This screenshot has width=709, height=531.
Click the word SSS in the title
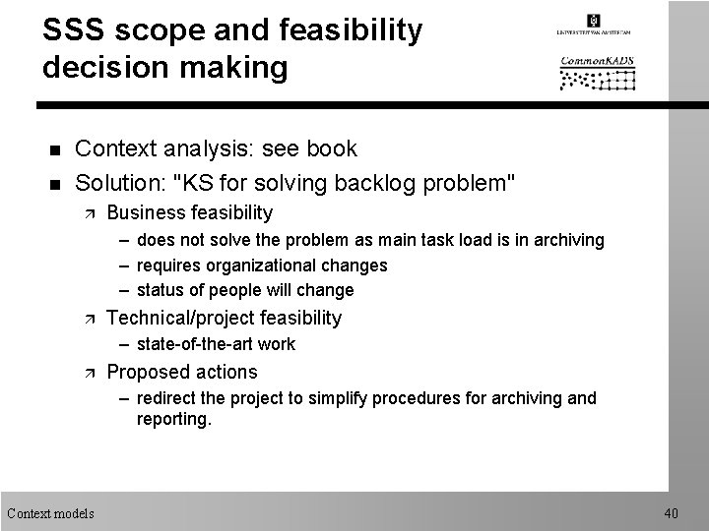(78, 30)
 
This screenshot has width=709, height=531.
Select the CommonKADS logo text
(597, 61)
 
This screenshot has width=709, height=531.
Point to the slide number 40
(671, 512)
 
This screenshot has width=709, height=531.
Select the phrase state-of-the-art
(195, 344)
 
